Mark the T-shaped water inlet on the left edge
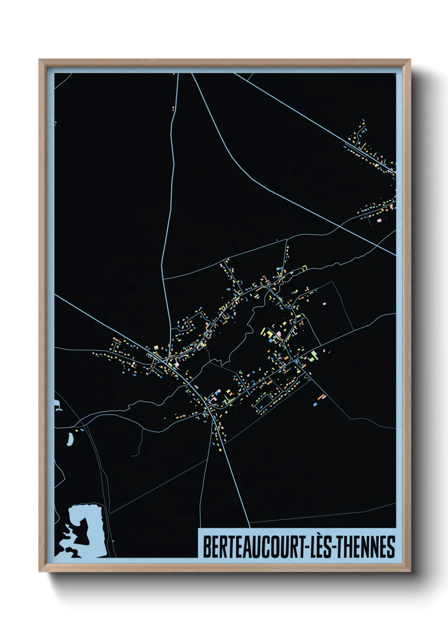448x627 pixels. point(58,409)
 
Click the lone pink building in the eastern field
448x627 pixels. point(324,304)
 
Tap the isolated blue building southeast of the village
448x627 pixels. point(315,405)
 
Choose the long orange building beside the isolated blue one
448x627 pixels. point(322,397)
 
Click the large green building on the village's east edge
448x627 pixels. point(313,355)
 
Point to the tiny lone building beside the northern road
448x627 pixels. point(173,108)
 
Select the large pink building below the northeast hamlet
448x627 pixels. point(379,220)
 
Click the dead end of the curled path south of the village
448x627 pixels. point(132,455)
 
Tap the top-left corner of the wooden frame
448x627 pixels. point(39,60)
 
